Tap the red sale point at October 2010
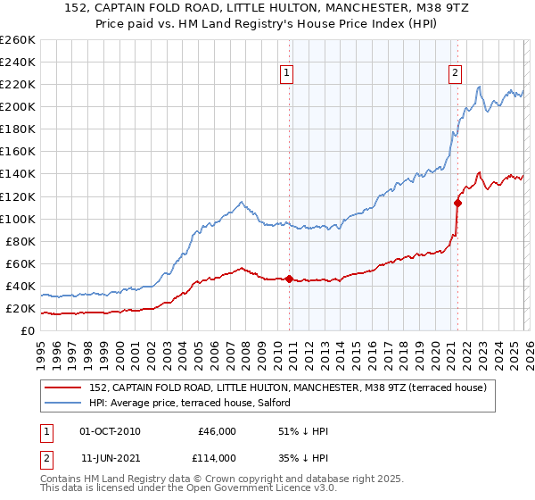coord(290,279)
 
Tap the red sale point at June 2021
coord(457,203)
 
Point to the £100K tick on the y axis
coord(17,219)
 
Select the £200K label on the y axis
coord(17,106)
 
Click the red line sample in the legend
coord(64,387)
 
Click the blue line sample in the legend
coord(64,403)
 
